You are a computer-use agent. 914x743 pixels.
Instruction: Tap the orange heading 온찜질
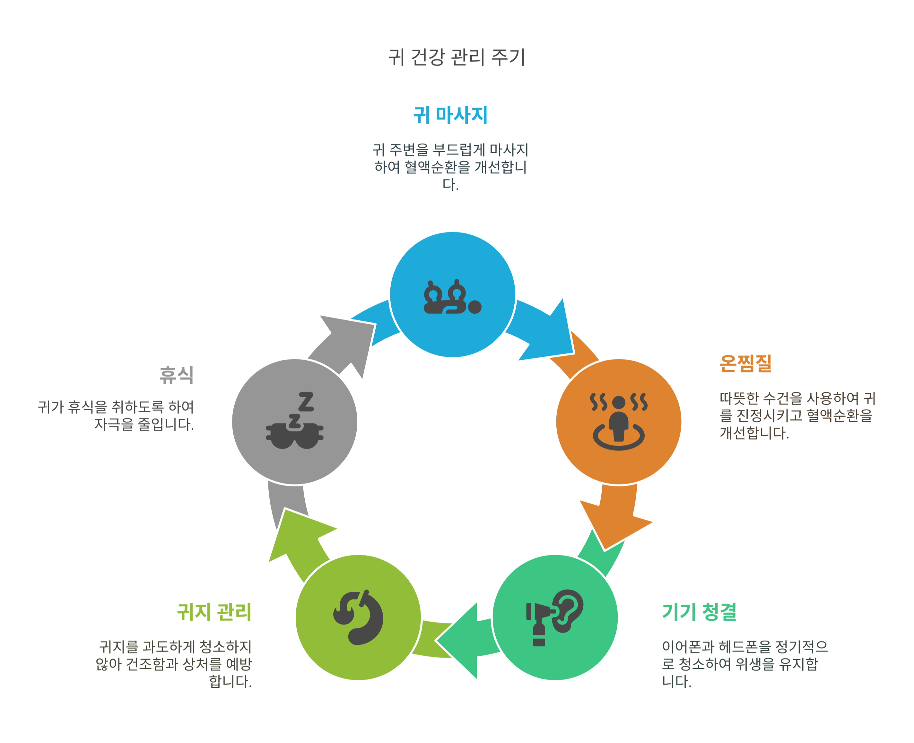click(x=745, y=363)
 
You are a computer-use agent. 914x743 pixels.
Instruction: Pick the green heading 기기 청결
click(x=699, y=612)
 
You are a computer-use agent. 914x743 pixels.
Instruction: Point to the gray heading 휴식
click(x=176, y=375)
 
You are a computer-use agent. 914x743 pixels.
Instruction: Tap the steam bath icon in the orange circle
click(x=619, y=421)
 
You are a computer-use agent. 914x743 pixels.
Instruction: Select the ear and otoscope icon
click(x=554, y=617)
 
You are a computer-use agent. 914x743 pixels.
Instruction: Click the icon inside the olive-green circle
click(x=359, y=617)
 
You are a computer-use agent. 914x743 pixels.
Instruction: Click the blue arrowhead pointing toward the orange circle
click(x=552, y=334)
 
